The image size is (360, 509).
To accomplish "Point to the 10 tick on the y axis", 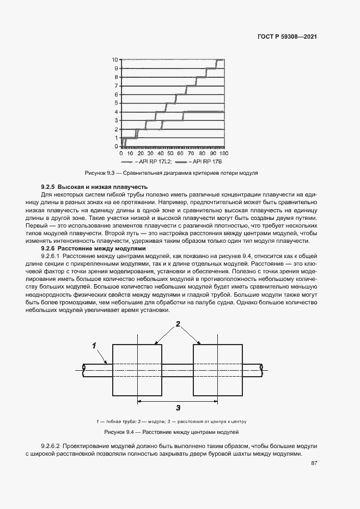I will tap(115, 59).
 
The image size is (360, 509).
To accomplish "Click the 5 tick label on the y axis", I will tap(116, 103).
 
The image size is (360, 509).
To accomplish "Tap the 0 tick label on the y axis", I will tap(116, 146).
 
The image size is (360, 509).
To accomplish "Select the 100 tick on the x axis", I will tap(223, 153).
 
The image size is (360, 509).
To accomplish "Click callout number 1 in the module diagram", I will tap(94, 345).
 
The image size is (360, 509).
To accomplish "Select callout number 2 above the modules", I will tap(178, 324).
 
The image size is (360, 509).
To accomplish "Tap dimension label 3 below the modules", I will tap(178, 407).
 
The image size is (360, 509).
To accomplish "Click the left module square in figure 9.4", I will tap(137, 370).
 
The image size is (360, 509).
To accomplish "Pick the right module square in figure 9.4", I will tap(217, 370).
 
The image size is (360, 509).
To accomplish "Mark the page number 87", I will tap(314, 463).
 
